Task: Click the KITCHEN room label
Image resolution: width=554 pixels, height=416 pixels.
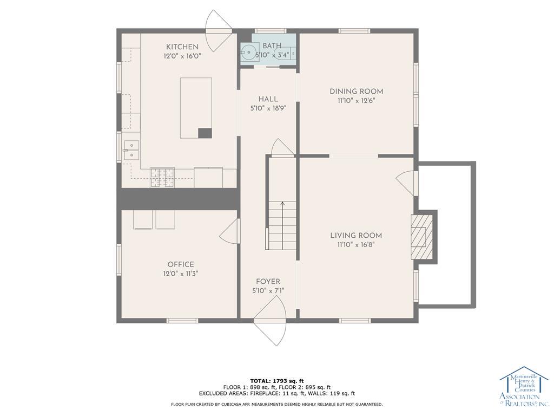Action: [182, 47]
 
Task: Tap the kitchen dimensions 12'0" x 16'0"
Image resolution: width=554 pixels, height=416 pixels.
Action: [182, 56]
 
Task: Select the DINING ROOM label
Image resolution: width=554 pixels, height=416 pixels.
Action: [356, 91]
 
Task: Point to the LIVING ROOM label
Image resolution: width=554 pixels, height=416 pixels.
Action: [356, 236]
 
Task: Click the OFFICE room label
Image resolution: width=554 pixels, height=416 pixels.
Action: [181, 264]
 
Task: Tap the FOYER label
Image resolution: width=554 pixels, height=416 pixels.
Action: [268, 282]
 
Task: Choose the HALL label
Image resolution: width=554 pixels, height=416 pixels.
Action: [268, 99]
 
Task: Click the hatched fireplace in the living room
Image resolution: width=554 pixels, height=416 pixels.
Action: [421, 237]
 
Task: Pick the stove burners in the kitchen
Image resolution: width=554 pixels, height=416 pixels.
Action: [162, 177]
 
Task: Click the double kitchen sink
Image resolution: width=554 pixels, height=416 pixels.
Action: [131, 151]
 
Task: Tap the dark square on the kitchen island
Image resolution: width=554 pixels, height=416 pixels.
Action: [205, 133]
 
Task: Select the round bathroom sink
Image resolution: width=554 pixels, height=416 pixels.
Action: [249, 53]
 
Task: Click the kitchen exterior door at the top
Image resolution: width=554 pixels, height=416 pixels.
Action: [219, 30]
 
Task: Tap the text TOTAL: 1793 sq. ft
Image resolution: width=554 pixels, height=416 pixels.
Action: [277, 381]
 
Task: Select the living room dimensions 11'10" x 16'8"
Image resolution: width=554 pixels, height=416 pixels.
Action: [356, 245]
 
